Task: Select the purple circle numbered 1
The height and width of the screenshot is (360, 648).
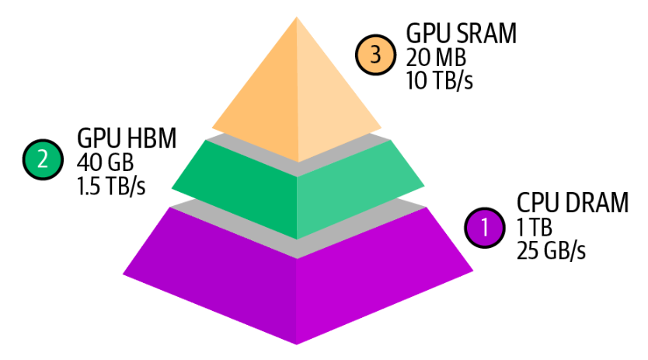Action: click(x=486, y=228)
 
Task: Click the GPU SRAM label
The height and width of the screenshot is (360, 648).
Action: click(x=462, y=33)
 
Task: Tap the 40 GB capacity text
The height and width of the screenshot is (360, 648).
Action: click(x=105, y=163)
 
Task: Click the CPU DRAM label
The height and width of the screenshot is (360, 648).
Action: click(x=572, y=204)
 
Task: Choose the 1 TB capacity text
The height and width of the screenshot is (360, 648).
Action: click(x=534, y=229)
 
